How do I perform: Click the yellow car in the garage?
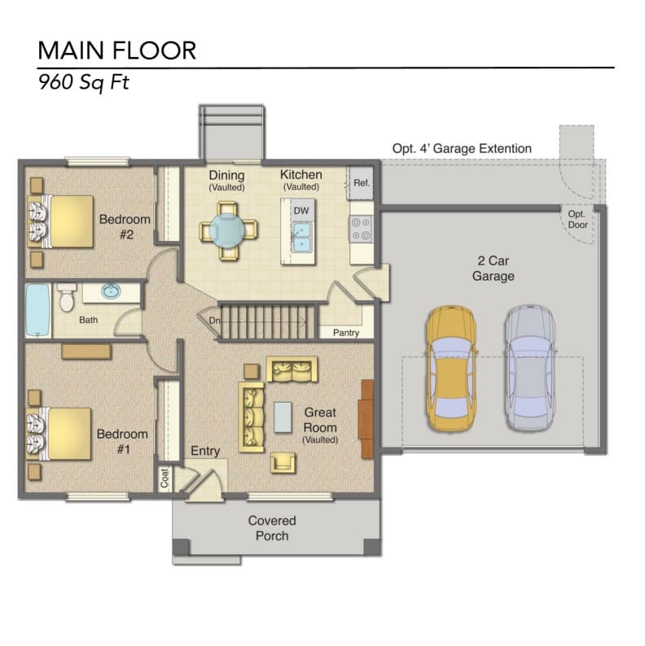click(452, 369)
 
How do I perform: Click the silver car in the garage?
click(530, 369)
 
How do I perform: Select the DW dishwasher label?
click(301, 211)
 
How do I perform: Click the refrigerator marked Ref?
click(362, 183)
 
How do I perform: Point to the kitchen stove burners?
click(361, 229)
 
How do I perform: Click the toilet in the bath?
click(67, 297)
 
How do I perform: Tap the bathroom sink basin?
click(111, 291)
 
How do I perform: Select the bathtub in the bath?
click(38, 310)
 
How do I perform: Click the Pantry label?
click(346, 333)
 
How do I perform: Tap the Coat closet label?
click(165, 478)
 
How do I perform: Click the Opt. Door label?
click(577, 220)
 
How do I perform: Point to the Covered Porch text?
click(272, 528)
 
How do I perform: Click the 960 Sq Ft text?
click(84, 82)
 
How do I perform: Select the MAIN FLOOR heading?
click(116, 50)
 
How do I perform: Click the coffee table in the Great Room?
click(283, 417)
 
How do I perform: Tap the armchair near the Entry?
click(283, 462)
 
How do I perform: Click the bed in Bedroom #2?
click(60, 221)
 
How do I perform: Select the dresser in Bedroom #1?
click(86, 351)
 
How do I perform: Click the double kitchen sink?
click(301, 237)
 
